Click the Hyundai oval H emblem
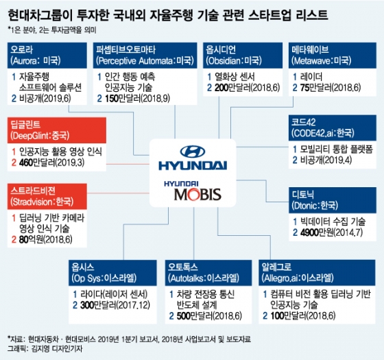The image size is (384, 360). (x=193, y=152)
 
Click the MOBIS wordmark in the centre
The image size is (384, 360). (x=197, y=195)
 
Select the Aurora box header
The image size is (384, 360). (x=47, y=56)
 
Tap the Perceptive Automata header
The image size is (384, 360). (x=145, y=56)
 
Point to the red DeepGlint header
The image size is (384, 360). (x=57, y=130)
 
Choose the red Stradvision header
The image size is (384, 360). (x=47, y=196)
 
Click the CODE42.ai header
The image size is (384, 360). (x=333, y=128)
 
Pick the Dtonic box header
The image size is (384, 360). (x=333, y=200)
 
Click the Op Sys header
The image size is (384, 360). (x=112, y=273)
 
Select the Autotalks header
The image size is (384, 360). (x=208, y=273)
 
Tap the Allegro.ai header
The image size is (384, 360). (x=317, y=273)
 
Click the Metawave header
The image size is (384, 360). (x=333, y=56)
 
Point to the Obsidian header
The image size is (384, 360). (x=243, y=56)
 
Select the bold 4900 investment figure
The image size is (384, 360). (x=309, y=232)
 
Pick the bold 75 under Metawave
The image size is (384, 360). (x=305, y=88)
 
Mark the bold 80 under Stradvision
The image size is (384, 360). (x=24, y=239)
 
